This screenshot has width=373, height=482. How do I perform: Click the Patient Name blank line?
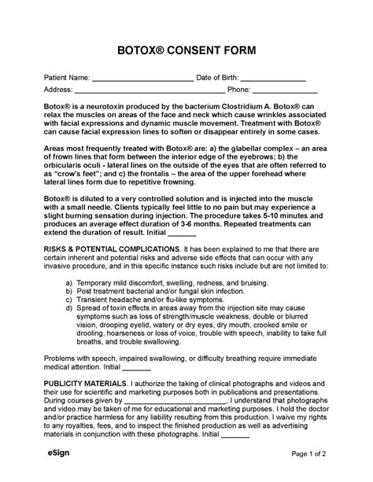pos(142,79)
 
